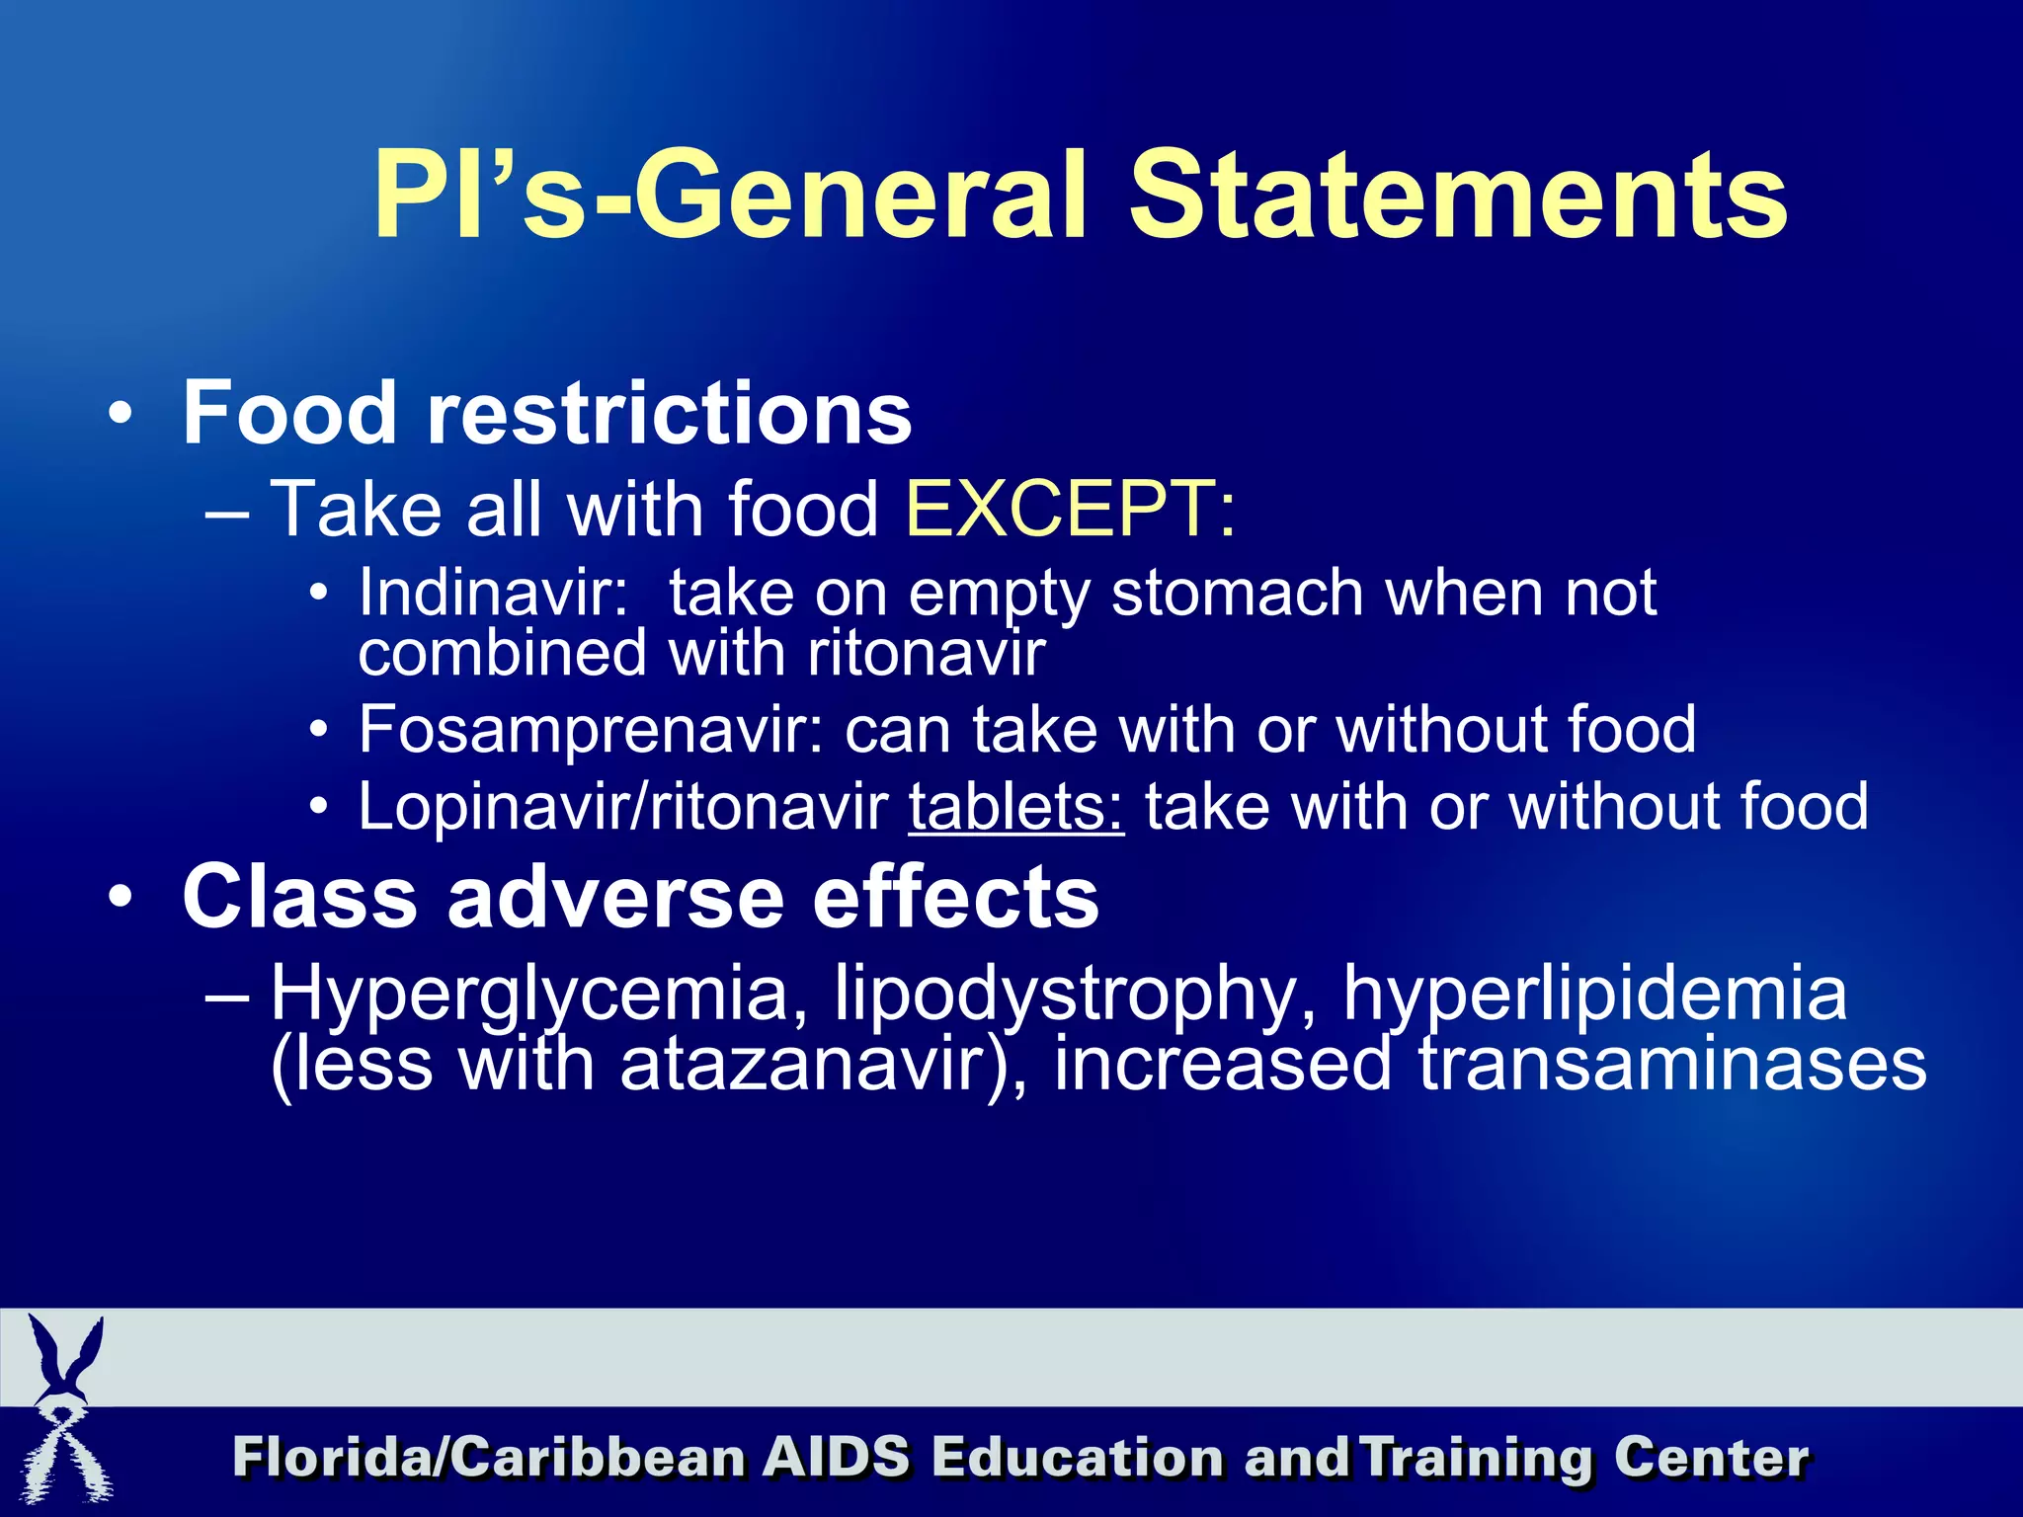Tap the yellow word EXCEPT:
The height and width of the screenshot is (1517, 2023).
point(1070,510)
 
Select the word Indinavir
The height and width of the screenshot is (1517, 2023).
point(493,593)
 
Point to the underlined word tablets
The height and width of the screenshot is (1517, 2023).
point(1015,807)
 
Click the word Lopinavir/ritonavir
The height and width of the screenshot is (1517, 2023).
point(622,807)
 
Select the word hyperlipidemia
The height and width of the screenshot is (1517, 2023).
point(1593,994)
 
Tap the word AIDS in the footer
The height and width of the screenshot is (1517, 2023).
point(835,1458)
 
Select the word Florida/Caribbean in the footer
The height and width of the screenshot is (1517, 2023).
point(489,1458)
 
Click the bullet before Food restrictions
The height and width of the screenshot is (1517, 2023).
point(120,415)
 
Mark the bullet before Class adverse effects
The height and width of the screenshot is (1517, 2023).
point(120,899)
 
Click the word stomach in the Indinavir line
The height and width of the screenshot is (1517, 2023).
point(1237,593)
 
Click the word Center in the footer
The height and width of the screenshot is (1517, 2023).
point(1711,1458)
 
